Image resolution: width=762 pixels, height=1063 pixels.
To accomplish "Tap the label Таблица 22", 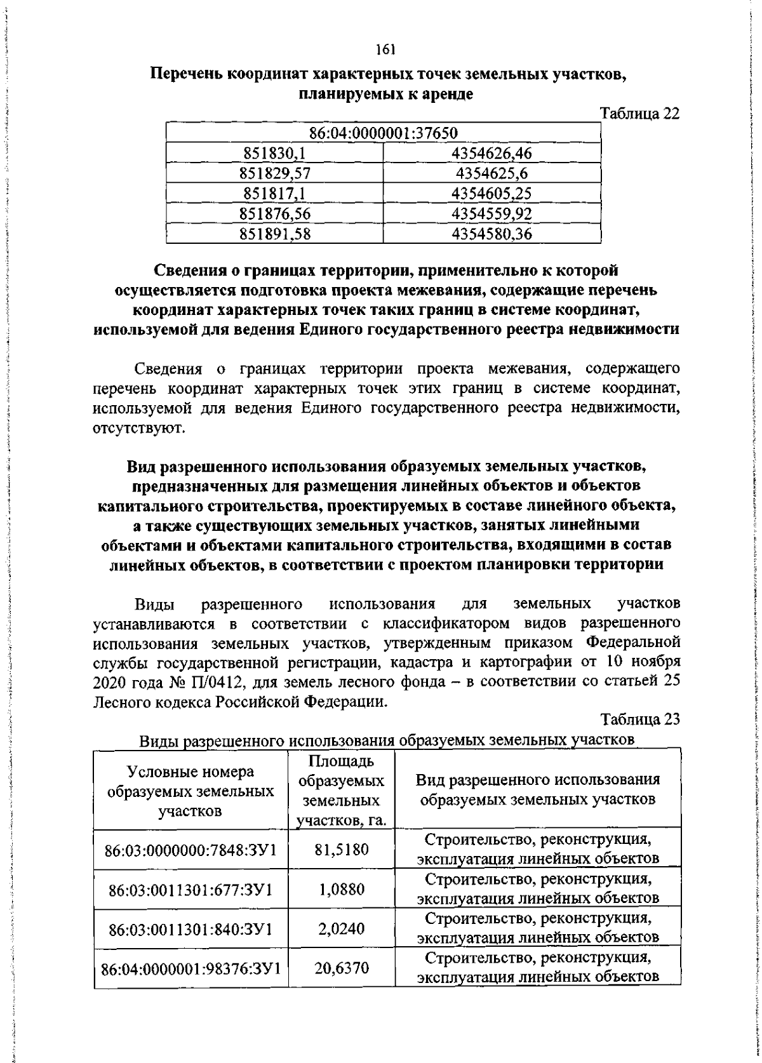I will [x=639, y=114].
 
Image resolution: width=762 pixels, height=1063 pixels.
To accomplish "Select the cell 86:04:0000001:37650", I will [x=384, y=133].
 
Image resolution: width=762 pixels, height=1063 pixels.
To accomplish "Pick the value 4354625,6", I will [x=491, y=173].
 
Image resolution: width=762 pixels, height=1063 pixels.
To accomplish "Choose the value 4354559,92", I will [x=491, y=214].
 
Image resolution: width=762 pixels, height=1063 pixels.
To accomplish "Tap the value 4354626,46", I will [x=491, y=153].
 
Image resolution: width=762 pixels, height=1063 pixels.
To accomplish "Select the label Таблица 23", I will [x=649, y=720].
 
